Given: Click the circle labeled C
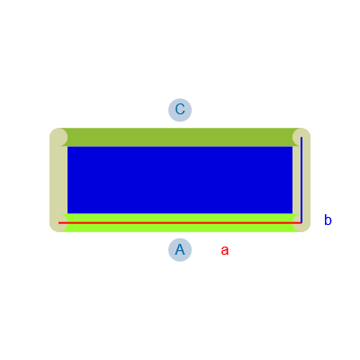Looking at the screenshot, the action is (x=180, y=110).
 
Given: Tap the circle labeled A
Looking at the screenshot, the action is (x=180, y=250).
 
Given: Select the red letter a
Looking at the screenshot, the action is (x=225, y=250).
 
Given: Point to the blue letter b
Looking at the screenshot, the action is (x=328, y=220).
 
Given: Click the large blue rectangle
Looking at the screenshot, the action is (x=180, y=180).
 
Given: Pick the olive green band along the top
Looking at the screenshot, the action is (x=180, y=137).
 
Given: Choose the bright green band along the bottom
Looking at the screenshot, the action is (x=180, y=222).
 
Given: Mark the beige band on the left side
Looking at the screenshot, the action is (x=58, y=180).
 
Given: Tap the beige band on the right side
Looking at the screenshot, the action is (x=301, y=180).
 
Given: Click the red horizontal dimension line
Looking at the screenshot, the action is (x=180, y=223).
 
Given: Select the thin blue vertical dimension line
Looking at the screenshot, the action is (x=301, y=180).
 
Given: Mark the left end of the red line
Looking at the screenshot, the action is (x=58, y=223).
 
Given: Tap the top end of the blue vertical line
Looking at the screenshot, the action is (x=301, y=137).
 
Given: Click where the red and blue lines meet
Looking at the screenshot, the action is (x=301, y=223).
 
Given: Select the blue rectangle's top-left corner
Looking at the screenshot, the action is (x=67, y=147).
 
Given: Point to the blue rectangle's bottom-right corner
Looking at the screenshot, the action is (x=292, y=213).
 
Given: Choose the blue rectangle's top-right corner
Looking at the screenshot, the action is (x=292, y=147).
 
